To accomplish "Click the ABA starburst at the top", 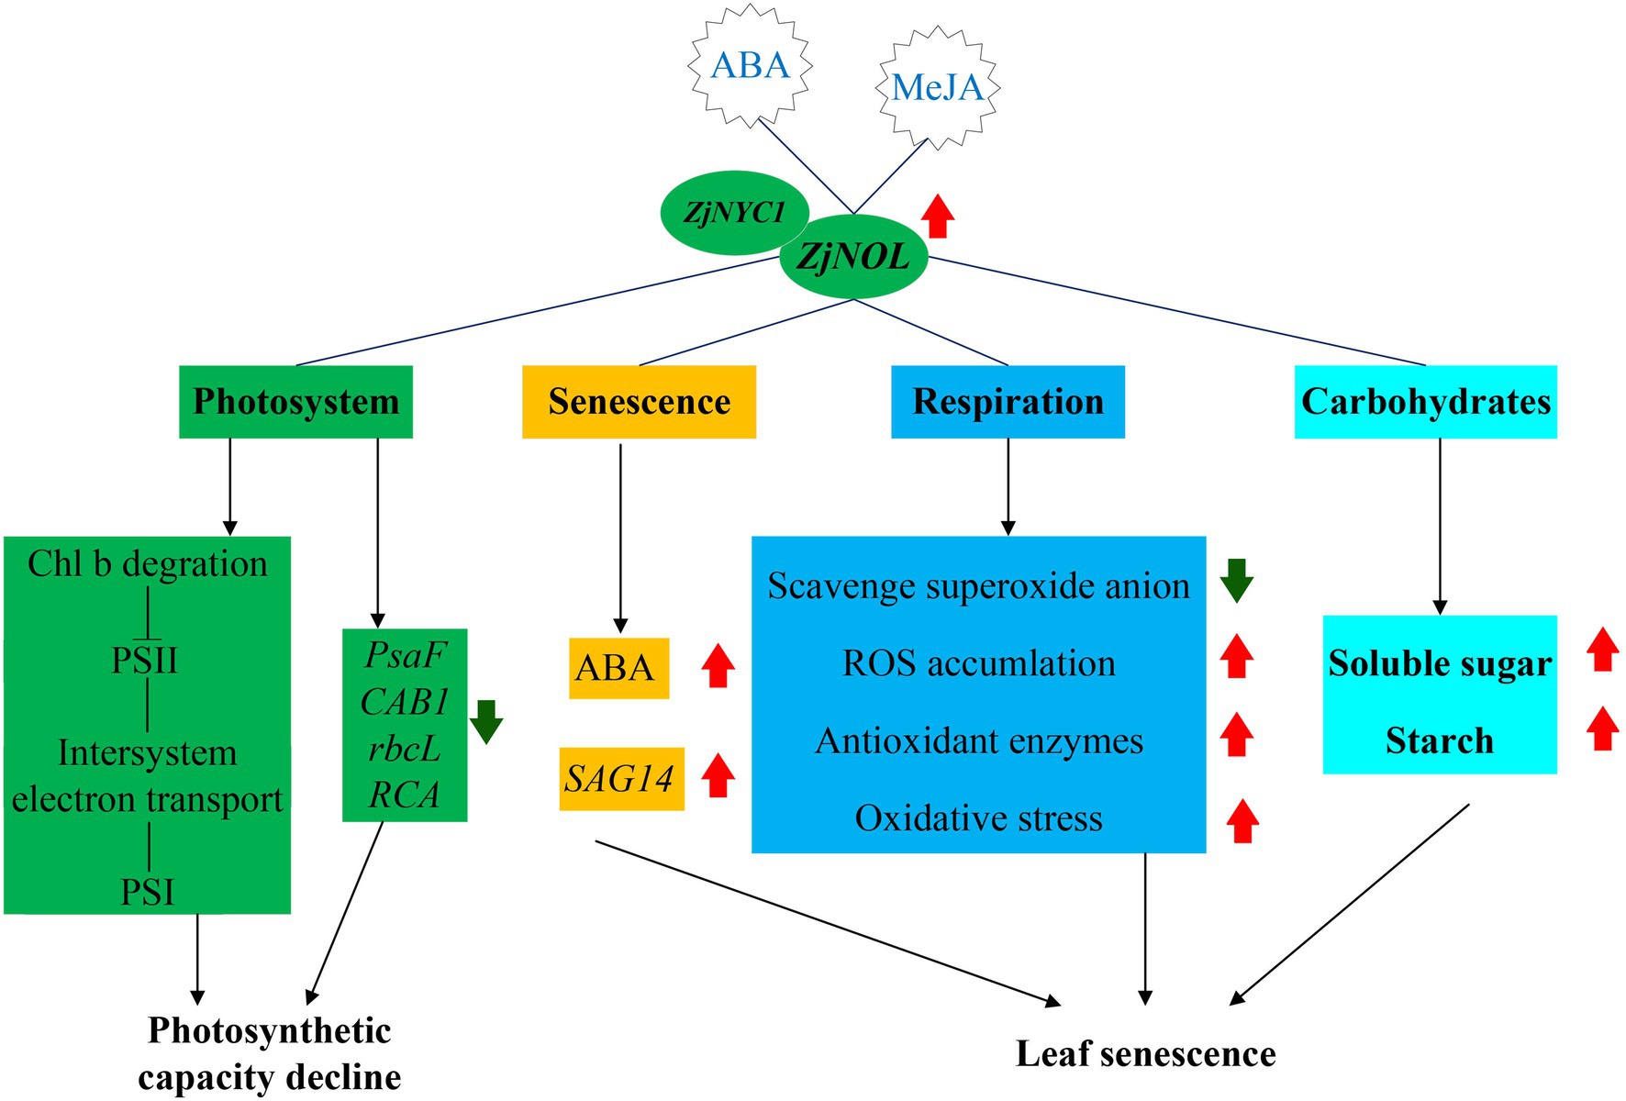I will tap(750, 65).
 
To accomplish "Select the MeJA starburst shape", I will tap(938, 87).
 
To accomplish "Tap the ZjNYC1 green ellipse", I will tap(734, 213).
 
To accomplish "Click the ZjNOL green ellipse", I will tap(853, 256).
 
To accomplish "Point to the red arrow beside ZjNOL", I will tap(938, 217).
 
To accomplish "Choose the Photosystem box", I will tap(295, 402).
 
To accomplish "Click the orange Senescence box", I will tap(639, 402).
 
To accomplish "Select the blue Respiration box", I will tap(1008, 402).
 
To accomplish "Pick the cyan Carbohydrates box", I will tap(1425, 402).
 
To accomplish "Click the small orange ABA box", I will tap(618, 668).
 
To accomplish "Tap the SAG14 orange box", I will tap(621, 779).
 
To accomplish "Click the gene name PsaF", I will tap(405, 655).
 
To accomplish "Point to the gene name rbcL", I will tap(405, 749).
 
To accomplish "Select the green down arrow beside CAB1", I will tap(486, 721).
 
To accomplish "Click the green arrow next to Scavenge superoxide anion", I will tap(1236, 580).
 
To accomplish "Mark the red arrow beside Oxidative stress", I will tap(1242, 820).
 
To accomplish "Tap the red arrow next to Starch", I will tap(1602, 728).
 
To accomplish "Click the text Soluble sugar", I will tap(1439, 663).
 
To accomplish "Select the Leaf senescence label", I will tap(1145, 1054).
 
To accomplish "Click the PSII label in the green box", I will tap(145, 660).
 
